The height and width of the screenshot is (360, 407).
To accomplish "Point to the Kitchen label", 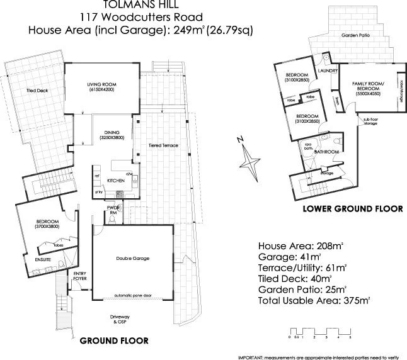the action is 115,181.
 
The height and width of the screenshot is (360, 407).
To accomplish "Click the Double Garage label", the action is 132,258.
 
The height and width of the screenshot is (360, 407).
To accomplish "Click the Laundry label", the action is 328,71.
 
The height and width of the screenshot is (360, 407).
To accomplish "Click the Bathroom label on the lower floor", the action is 327,152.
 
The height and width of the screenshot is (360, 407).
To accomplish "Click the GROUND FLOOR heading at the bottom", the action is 114,340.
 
